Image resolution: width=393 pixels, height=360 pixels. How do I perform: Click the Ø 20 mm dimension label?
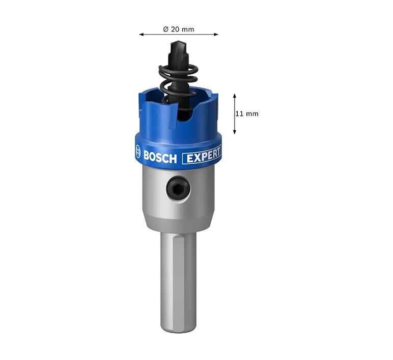pyautogui.click(x=179, y=29)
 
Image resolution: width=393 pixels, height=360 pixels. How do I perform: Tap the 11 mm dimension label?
pyautogui.click(x=247, y=114)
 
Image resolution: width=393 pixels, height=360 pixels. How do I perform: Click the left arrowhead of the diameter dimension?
pyautogui.click(x=142, y=34)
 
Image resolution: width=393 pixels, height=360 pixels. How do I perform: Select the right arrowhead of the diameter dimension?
pyautogui.click(x=216, y=34)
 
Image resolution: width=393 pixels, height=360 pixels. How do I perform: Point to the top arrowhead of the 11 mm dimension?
pyautogui.click(x=235, y=96)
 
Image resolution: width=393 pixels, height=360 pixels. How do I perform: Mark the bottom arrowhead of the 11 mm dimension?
pyautogui.click(x=235, y=132)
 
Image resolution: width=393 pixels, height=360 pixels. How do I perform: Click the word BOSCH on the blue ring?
pyautogui.click(x=160, y=157)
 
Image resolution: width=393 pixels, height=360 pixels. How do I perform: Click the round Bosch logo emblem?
pyautogui.click(x=138, y=152)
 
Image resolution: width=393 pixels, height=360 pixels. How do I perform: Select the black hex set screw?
pyautogui.click(x=178, y=188)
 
